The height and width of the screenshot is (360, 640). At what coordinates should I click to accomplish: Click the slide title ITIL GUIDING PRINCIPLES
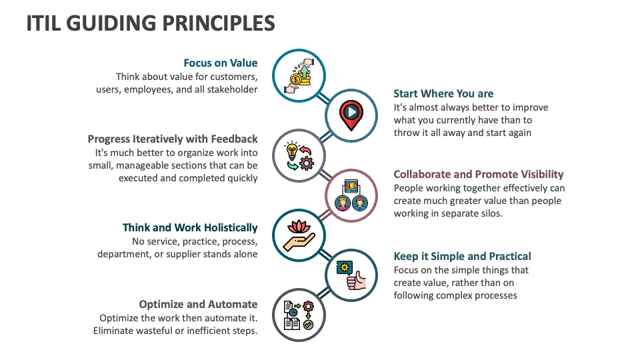(151, 23)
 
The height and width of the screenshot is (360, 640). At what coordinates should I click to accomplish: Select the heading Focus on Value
(221, 63)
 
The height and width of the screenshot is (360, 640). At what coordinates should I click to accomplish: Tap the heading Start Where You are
(443, 93)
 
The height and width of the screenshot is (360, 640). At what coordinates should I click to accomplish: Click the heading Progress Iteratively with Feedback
(173, 139)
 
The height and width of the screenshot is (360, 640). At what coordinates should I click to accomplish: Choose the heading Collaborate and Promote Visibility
(479, 175)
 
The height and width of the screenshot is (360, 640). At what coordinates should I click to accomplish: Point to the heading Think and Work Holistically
(190, 228)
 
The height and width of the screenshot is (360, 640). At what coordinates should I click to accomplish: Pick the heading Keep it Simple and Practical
(462, 257)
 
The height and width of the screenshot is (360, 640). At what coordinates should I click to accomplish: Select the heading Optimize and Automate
(198, 304)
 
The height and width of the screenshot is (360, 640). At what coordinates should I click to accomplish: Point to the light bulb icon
(291, 149)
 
